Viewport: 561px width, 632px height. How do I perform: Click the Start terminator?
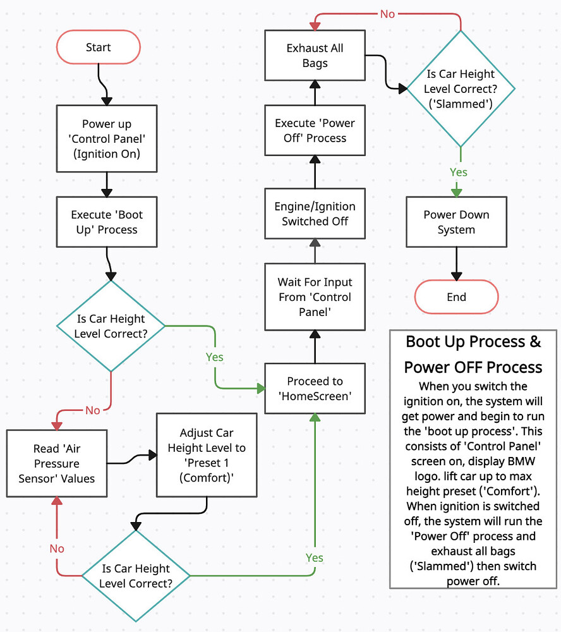(x=99, y=48)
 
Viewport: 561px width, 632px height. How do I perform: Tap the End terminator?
(x=456, y=297)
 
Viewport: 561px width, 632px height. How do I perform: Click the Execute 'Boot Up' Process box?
(x=107, y=222)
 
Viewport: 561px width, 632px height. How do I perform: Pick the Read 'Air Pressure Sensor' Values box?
(x=56, y=463)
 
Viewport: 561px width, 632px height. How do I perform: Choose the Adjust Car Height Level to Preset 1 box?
(x=207, y=455)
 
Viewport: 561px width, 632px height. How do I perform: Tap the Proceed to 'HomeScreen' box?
(x=315, y=389)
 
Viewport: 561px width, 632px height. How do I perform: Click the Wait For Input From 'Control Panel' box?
(x=315, y=297)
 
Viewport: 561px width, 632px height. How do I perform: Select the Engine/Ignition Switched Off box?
(x=315, y=214)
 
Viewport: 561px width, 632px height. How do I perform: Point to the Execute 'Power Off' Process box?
(x=315, y=130)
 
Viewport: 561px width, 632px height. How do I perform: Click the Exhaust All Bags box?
(x=315, y=56)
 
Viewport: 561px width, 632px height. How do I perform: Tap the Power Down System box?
(x=456, y=222)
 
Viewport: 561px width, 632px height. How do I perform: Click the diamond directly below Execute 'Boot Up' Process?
(x=111, y=326)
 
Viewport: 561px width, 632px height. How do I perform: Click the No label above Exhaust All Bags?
(x=387, y=13)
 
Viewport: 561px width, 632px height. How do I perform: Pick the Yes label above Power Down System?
(x=458, y=172)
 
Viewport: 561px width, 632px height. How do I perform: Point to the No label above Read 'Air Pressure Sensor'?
(x=92, y=410)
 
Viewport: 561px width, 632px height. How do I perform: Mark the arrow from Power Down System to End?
(x=456, y=263)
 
